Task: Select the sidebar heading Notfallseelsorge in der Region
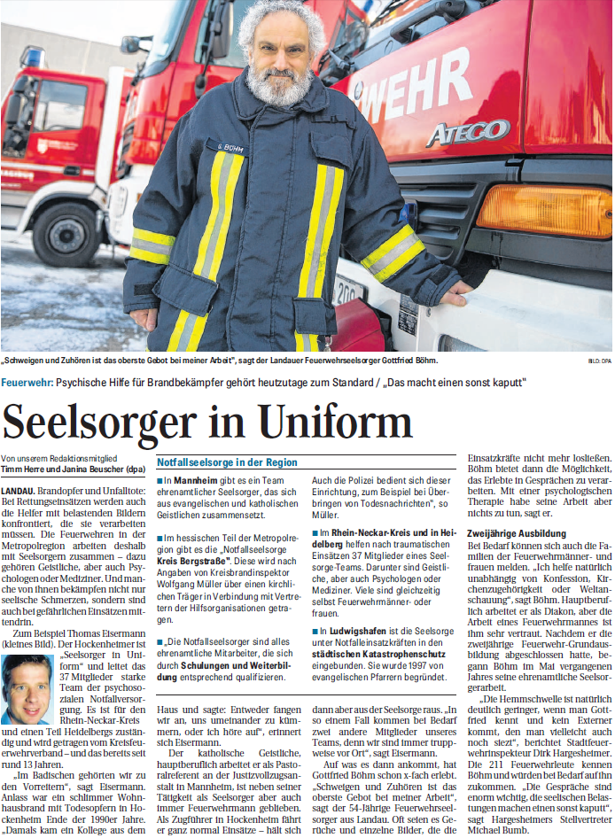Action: (x=227, y=462)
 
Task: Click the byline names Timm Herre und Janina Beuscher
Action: (x=71, y=467)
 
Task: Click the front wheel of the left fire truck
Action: (x=66, y=233)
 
